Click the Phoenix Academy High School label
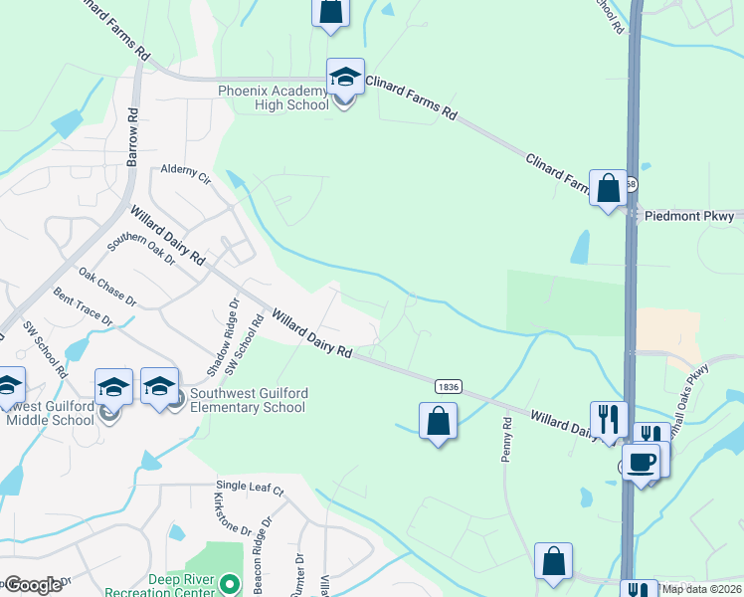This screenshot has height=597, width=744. click(274, 99)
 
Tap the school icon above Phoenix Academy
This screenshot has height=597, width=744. click(345, 77)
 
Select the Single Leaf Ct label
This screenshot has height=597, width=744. click(250, 491)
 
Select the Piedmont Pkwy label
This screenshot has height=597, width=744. click(688, 215)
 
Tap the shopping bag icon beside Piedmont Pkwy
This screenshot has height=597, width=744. click(608, 186)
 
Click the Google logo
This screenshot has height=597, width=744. click(34, 585)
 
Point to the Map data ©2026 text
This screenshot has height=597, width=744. click(701, 588)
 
